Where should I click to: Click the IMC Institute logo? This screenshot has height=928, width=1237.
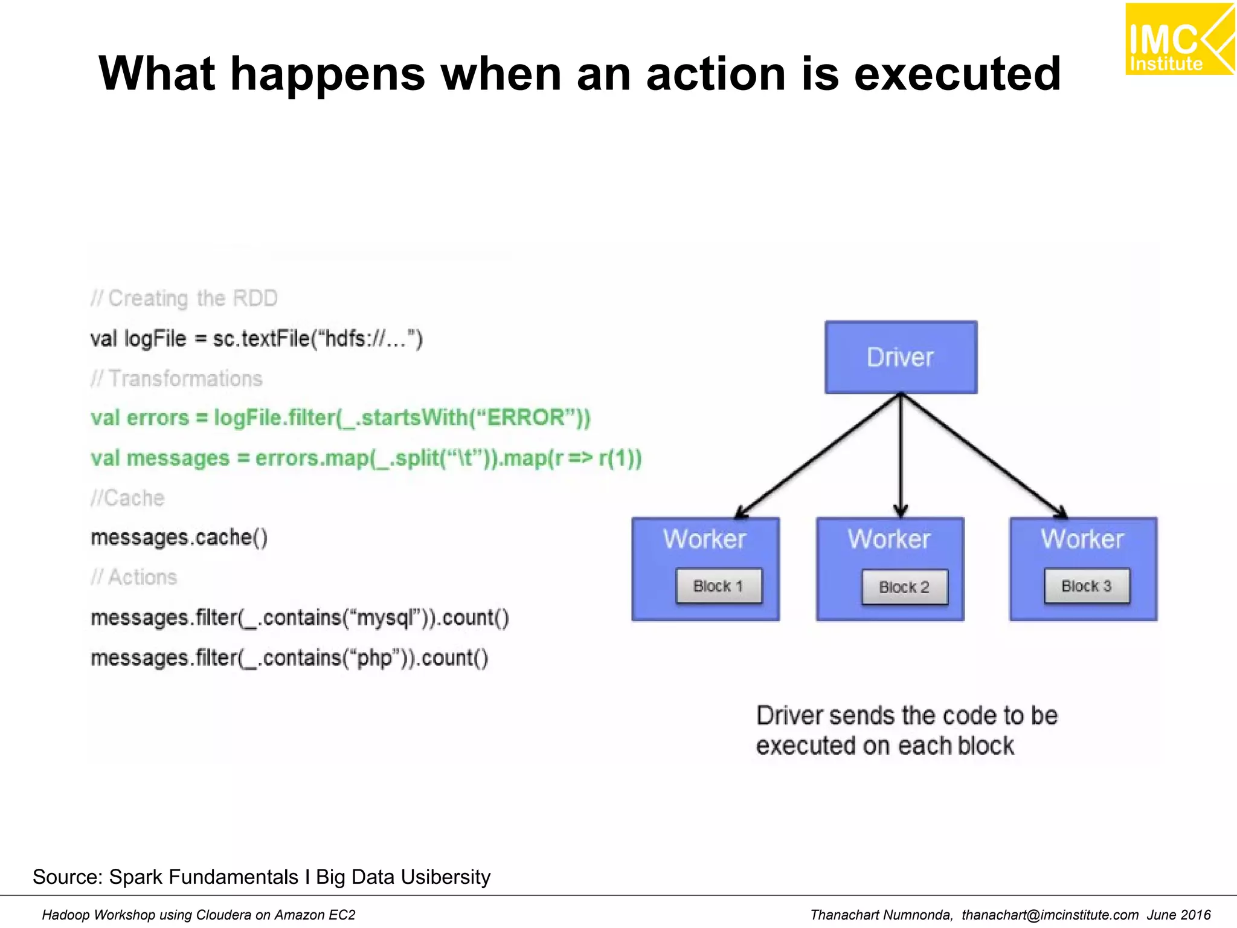point(1179,39)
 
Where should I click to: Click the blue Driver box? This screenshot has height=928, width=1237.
point(901,357)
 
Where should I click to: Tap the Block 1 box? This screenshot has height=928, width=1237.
point(718,585)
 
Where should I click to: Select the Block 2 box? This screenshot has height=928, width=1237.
point(904,587)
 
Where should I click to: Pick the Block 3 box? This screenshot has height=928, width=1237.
point(1087,585)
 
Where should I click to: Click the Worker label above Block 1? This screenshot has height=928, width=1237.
point(705,539)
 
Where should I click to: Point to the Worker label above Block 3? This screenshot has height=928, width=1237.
point(1082,539)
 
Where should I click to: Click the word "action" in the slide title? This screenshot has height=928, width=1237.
point(716,74)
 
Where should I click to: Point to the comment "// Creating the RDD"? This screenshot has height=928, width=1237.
point(184,298)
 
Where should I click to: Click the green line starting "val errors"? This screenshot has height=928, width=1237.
point(340,418)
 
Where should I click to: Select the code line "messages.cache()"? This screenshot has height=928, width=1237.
point(179,537)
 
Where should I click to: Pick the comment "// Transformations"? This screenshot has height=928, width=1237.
point(176,379)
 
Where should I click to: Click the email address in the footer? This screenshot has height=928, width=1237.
point(1050,915)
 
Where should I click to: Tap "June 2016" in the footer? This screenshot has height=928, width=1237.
point(1178,915)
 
